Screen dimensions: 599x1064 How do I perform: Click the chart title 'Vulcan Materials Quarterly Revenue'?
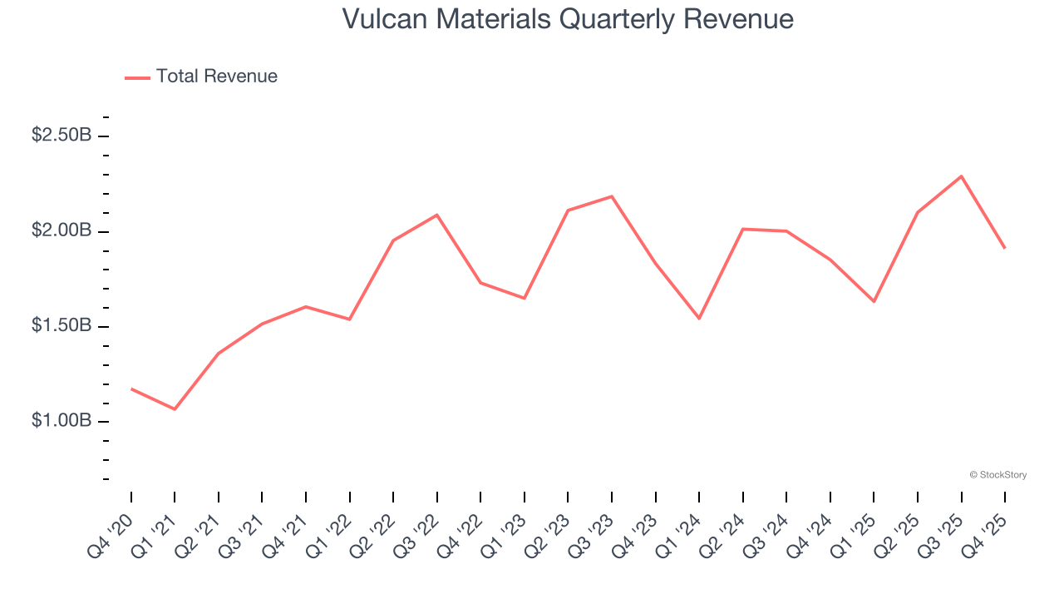tap(568, 19)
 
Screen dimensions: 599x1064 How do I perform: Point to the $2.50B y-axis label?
tap(62, 135)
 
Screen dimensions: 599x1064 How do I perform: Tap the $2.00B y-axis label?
tap(62, 230)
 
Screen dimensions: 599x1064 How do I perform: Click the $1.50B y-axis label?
tap(62, 325)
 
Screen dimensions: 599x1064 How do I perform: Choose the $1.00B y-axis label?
tap(62, 421)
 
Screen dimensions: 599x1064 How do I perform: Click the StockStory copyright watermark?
tap(997, 475)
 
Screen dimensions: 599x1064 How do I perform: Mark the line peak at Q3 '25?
tap(961, 176)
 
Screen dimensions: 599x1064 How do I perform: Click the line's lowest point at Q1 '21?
tap(175, 409)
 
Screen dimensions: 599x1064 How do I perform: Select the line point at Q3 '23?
tap(612, 196)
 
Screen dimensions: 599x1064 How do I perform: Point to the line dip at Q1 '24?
tap(699, 319)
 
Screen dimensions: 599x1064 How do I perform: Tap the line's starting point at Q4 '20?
tap(131, 389)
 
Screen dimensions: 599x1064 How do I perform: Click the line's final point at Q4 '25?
tap(1005, 248)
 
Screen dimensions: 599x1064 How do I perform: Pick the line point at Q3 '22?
tap(437, 215)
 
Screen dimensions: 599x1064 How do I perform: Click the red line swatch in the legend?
tap(137, 77)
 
